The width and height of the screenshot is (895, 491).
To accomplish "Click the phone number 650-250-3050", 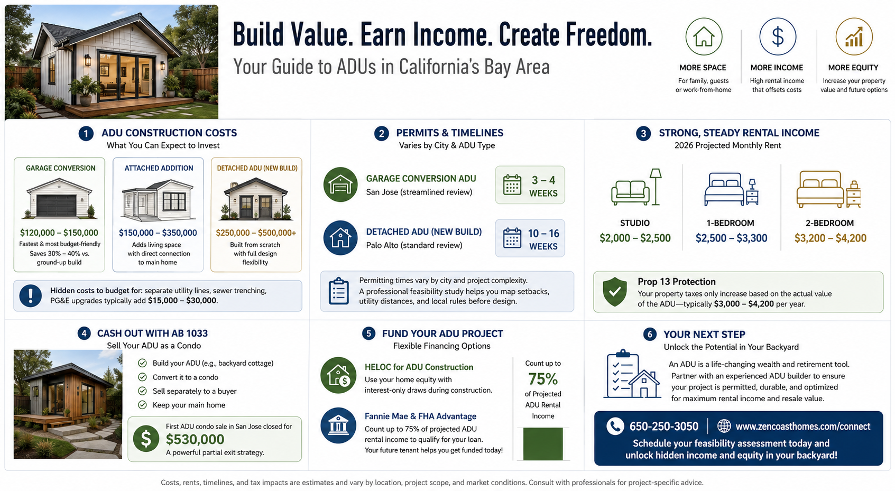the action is (663, 427).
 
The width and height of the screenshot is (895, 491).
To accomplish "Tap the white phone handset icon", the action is (615, 427).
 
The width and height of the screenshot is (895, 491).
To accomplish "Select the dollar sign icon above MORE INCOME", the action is (778, 36).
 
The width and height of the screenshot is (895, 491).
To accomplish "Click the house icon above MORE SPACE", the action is (704, 36).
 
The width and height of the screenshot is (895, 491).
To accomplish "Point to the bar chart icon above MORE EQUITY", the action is (854, 36).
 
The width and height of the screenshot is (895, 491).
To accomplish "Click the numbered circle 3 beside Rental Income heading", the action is (643, 133).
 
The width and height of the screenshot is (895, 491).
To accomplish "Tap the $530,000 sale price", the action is (195, 439).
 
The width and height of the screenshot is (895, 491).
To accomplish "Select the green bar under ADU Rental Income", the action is (542, 444).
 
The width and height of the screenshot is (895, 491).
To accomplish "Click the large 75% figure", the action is (542, 378).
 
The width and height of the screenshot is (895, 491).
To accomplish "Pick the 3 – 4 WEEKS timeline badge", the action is (530, 186).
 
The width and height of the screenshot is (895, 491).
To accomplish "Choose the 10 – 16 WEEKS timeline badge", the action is (530, 238).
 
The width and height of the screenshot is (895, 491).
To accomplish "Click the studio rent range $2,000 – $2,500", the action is (635, 238).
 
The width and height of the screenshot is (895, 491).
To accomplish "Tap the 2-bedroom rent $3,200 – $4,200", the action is (830, 238).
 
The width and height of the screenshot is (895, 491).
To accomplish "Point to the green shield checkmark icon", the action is (614, 292).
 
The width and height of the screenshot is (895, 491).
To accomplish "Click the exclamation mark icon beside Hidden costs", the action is (30, 295).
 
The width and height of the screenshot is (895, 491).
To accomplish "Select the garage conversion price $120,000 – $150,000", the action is (59, 233).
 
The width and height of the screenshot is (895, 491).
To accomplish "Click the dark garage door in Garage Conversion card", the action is (57, 206).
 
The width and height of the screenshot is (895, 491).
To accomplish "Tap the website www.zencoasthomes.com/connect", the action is (802, 427).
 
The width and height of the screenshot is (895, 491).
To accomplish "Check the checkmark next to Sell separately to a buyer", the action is (142, 391).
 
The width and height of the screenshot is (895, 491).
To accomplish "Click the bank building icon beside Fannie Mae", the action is (338, 426).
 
